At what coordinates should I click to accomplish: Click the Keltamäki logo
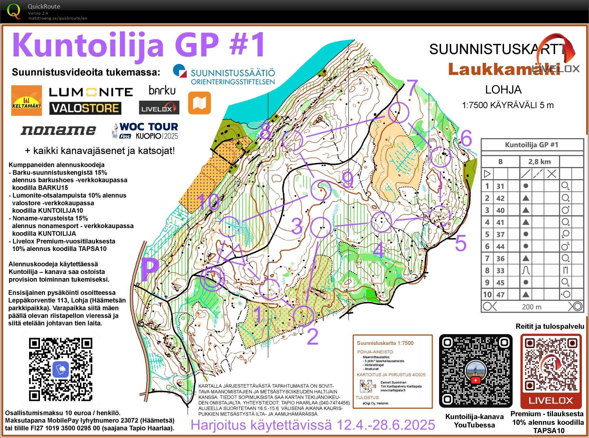coord(26,100)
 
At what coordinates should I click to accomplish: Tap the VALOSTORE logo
coord(85,108)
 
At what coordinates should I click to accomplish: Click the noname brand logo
coord(58,131)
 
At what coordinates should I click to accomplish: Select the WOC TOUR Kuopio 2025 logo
coord(146,131)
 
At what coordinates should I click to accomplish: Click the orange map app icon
coord(200,103)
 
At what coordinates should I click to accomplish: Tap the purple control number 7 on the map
coord(412,87)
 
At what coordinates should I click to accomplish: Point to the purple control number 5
coord(460,243)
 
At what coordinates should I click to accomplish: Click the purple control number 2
coord(312,336)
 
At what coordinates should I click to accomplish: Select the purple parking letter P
coord(150,269)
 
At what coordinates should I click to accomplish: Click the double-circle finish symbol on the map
coord(212,279)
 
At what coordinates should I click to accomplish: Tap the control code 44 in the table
coord(500,246)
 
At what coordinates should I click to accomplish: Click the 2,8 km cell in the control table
coord(539,162)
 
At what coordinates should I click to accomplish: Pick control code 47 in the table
coord(500,294)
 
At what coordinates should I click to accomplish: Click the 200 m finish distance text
coord(532,307)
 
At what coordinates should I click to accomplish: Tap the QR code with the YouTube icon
coord(475,371)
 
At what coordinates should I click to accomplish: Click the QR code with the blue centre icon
coord(61,369)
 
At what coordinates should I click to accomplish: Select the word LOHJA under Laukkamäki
coord(503,90)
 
